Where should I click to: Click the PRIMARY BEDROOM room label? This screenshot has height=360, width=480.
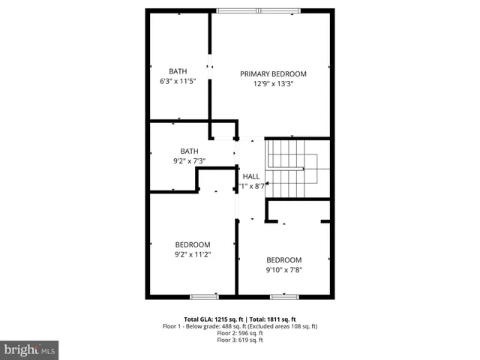(x=273, y=73)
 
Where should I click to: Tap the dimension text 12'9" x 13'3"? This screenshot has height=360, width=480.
(x=273, y=84)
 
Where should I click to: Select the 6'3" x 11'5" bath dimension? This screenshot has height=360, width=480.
(x=178, y=81)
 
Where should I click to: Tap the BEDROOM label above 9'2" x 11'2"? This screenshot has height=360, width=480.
(x=193, y=244)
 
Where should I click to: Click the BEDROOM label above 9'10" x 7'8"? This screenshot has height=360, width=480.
(x=283, y=260)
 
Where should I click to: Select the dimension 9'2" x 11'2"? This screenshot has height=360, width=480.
(x=193, y=255)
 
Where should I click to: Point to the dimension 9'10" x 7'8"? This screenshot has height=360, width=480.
(x=283, y=271)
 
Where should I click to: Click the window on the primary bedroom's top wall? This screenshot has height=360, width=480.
(x=260, y=10)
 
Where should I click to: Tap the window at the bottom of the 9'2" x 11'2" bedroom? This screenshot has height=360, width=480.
(x=204, y=297)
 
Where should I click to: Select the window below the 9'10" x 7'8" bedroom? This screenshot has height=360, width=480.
(x=284, y=297)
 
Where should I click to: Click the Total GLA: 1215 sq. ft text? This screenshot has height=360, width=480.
(x=212, y=319)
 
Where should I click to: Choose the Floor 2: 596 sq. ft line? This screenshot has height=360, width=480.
(x=240, y=333)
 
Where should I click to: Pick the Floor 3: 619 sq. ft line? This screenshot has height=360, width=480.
(x=240, y=340)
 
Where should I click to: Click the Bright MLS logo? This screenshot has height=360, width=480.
(x=30, y=349)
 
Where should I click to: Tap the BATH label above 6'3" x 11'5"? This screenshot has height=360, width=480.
(x=178, y=71)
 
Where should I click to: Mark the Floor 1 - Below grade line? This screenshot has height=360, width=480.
(x=240, y=326)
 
